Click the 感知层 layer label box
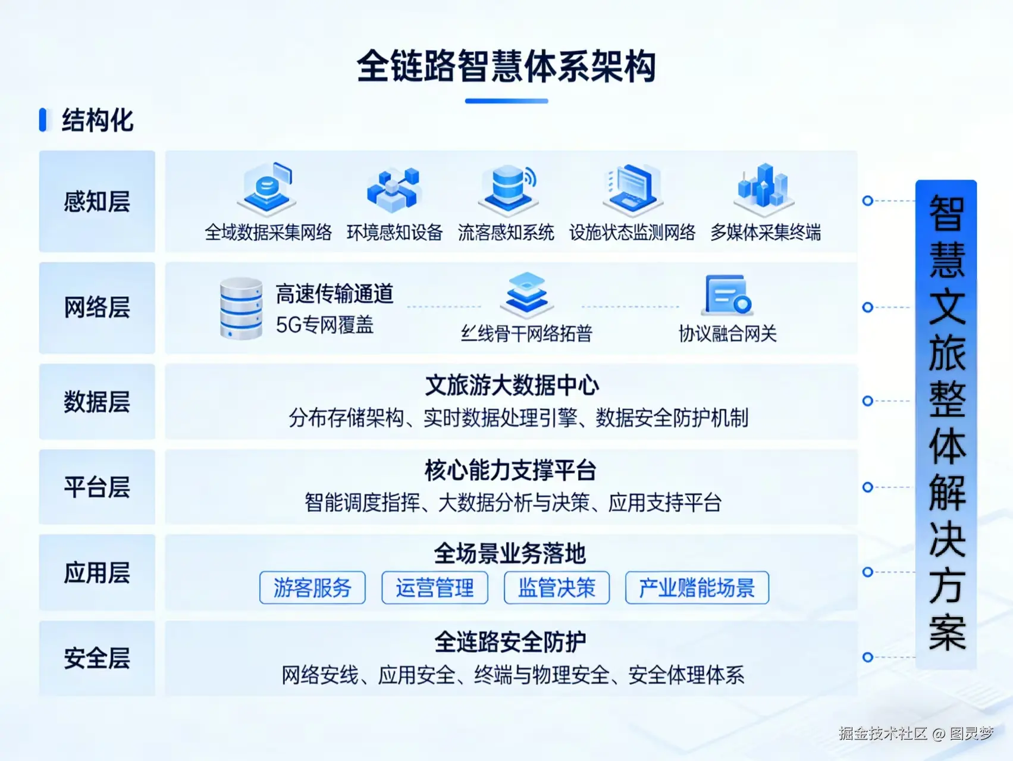[97, 201]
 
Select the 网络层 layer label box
[97, 308]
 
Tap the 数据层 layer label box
[97, 402]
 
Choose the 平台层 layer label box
[97, 487]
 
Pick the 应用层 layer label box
[97, 572]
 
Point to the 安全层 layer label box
[97, 658]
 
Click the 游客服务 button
[312, 588]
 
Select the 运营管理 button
[435, 588]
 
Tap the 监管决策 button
[557, 588]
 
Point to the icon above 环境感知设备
[394, 189]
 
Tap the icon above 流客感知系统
[508, 187]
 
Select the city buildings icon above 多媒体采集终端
[763, 188]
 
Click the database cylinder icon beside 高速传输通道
[241, 308]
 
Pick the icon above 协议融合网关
[727, 295]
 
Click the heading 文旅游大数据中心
[512, 386]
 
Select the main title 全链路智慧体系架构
[506, 66]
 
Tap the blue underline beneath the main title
[506, 101]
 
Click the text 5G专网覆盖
[325, 325]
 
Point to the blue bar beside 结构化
[43, 120]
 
